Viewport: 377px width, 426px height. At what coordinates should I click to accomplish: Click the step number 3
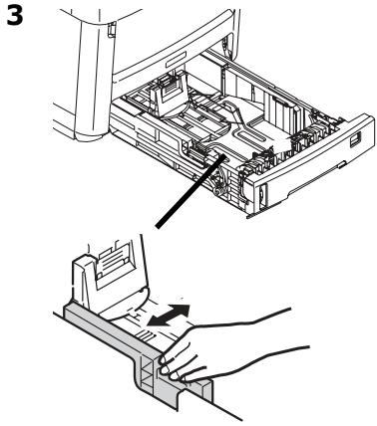[x=16, y=15]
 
